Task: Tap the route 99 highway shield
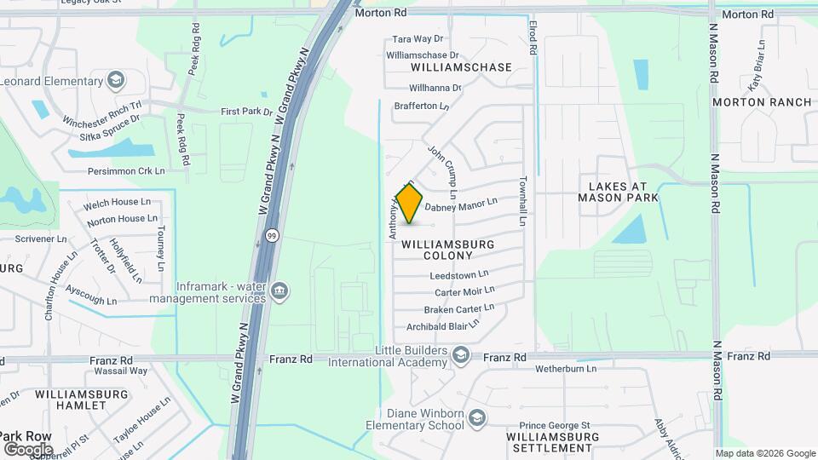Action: coord(270,236)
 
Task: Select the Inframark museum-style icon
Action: coord(279,293)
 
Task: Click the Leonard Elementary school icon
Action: coord(116,82)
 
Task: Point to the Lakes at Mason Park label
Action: coord(613,192)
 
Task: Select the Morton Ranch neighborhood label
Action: coord(762,102)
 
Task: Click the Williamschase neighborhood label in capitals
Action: coord(461,67)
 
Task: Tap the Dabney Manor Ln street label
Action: coord(460,205)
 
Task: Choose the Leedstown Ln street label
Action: coord(459,274)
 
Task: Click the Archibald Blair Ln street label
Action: coord(443,325)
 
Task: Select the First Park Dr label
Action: coord(246,112)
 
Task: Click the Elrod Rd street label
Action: coord(532,39)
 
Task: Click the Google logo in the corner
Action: coord(28,449)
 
